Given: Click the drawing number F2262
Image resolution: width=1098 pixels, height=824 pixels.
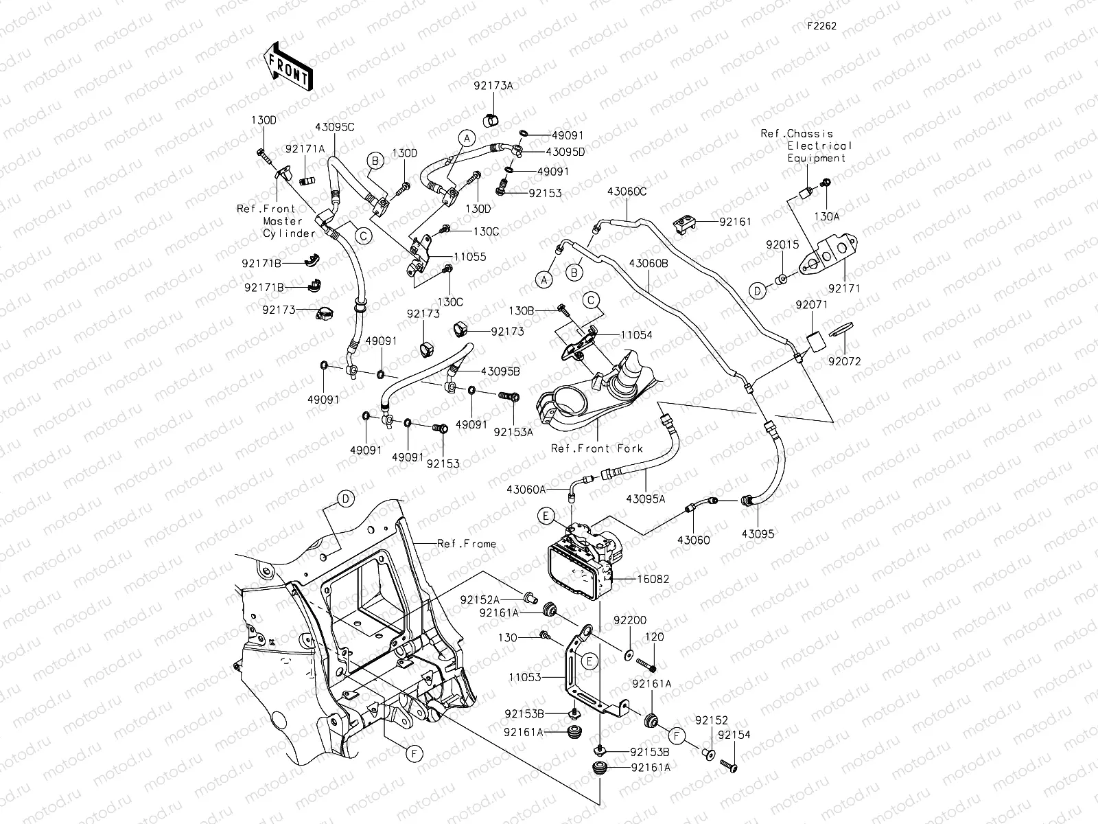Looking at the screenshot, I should pyautogui.click(x=821, y=25).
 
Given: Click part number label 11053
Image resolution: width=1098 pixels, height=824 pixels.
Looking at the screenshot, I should pyautogui.click(x=525, y=677).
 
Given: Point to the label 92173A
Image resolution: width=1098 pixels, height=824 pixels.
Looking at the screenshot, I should pyautogui.click(x=493, y=86).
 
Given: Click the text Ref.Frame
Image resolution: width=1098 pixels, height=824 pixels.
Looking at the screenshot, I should pyautogui.click(x=467, y=544).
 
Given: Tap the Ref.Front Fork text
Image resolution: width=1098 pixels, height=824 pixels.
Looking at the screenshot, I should pyautogui.click(x=597, y=448).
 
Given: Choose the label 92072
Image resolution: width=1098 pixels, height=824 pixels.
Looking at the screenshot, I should pyautogui.click(x=844, y=361).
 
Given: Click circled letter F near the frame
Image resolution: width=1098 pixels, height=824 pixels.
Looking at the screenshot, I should pyautogui.click(x=414, y=753).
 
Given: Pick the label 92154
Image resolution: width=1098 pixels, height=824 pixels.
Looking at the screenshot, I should pyautogui.click(x=734, y=735).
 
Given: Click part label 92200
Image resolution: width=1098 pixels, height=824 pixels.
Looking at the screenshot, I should pyautogui.click(x=630, y=620).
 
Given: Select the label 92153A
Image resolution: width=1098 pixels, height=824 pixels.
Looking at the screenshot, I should pyautogui.click(x=513, y=433).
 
